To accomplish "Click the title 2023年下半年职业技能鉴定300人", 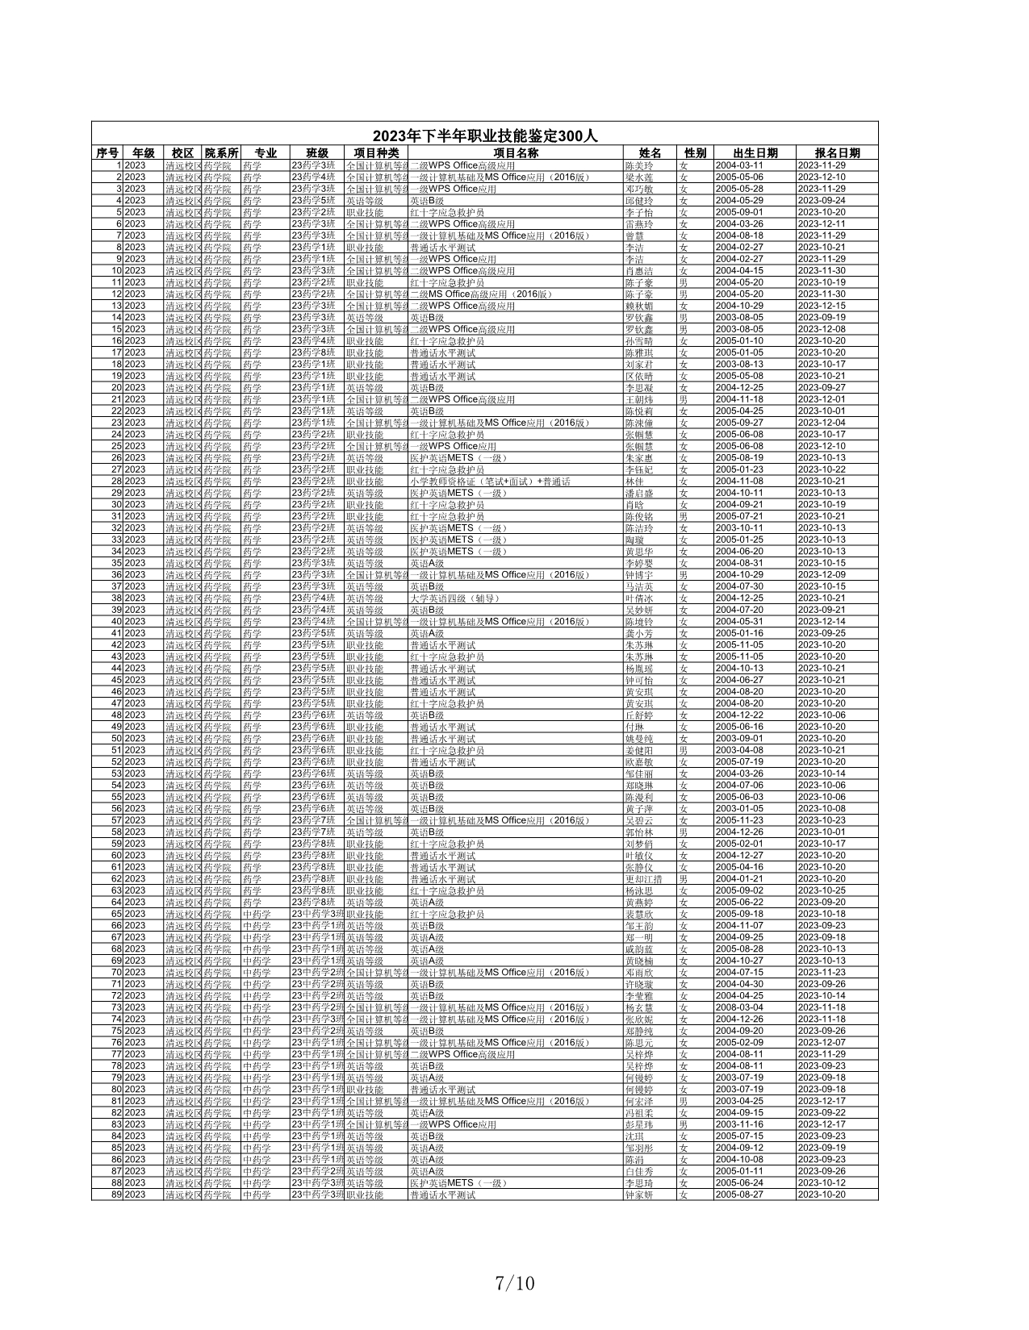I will tap(484, 136).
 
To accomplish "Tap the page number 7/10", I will tap(515, 1282).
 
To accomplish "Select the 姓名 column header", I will tap(650, 153).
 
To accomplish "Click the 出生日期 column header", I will tap(755, 153).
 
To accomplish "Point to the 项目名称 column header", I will tap(516, 153).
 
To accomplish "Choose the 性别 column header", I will tap(695, 153).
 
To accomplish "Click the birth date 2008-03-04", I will tap(738, 1007).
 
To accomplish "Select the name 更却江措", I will tap(644, 879).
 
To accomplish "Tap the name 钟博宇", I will tap(639, 575).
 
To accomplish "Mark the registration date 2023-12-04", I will tap(822, 423).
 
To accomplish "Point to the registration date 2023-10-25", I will tap(822, 890).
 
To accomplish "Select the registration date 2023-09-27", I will tap(822, 388).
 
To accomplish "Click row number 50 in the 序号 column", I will tap(117, 739).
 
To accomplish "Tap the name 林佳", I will tap(634, 482).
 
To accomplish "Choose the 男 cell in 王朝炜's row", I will tap(684, 399).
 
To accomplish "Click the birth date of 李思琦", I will tap(738, 1183).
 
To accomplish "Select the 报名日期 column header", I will tap(837, 153).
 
